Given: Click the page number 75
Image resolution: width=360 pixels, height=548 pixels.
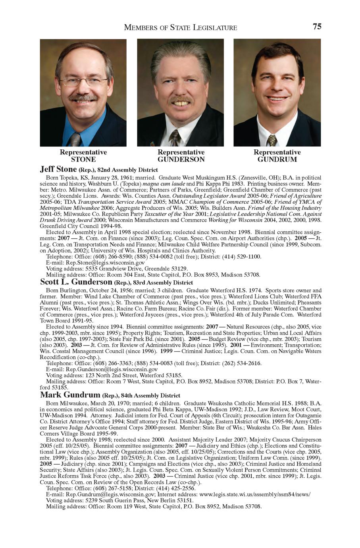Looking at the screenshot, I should click(x=317, y=27).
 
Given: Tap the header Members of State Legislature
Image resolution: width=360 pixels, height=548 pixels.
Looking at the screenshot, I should click(x=181, y=27).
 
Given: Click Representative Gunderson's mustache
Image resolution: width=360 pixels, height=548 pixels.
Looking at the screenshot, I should click(x=181, y=99).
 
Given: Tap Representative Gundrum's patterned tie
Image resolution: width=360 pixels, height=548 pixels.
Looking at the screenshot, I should click(x=271, y=140).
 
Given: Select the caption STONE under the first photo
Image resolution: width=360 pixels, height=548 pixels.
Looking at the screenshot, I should click(x=83, y=160).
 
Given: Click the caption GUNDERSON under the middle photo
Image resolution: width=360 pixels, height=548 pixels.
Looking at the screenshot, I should click(x=181, y=160).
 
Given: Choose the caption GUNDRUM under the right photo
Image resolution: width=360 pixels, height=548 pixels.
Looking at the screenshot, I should click(x=277, y=160).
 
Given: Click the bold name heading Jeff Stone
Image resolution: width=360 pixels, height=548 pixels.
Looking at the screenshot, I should click(x=58, y=169).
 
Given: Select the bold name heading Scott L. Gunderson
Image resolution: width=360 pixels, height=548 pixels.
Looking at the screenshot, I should click(x=76, y=282).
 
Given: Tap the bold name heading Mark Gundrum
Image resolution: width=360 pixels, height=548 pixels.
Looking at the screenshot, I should click(x=70, y=395).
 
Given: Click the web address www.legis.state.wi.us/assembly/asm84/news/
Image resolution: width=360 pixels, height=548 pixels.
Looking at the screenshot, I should click(x=254, y=494).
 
